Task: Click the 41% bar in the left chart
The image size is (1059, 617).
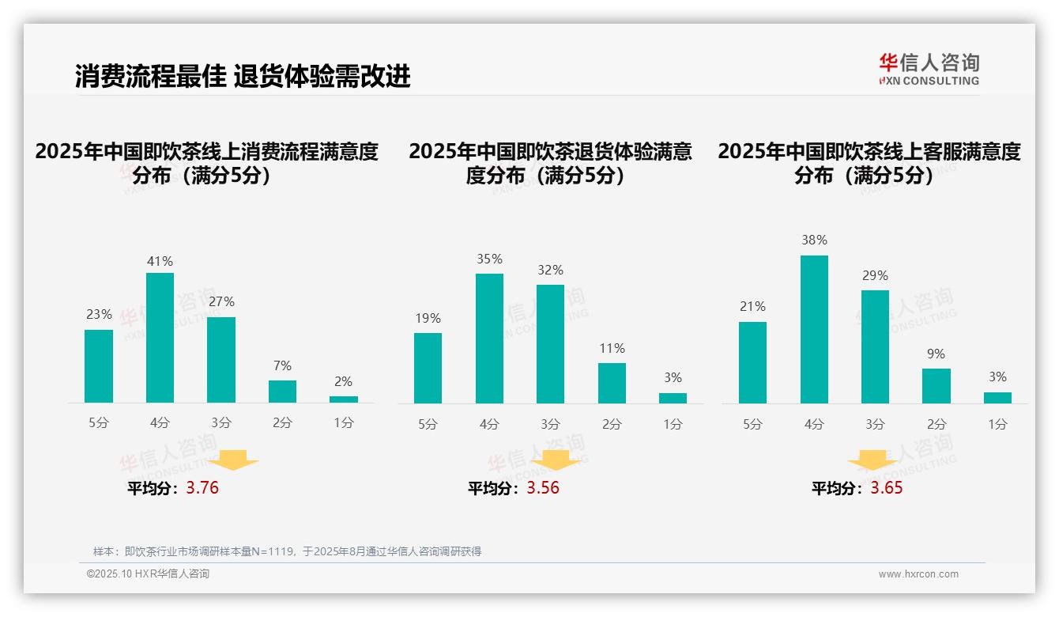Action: click(x=160, y=338)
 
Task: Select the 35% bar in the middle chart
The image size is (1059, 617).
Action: click(x=489, y=339)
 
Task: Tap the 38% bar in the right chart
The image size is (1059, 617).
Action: click(x=814, y=329)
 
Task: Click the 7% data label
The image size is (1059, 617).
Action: click(x=282, y=365)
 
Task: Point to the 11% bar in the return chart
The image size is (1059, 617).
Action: click(x=612, y=383)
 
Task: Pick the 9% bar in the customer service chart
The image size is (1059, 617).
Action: click(x=936, y=386)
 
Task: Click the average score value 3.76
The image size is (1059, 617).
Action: click(x=202, y=488)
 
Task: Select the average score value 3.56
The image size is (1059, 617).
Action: click(x=543, y=488)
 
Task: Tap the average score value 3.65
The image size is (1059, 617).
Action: click(x=887, y=488)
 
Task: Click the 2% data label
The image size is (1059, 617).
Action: click(x=343, y=381)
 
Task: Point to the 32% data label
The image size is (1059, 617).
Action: click(x=550, y=270)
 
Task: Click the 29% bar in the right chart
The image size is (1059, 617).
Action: click(x=875, y=346)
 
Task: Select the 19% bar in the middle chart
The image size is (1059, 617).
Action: click(x=428, y=368)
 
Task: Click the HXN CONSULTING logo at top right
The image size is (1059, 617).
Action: click(x=929, y=70)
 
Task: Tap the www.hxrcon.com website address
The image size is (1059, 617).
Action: click(x=918, y=574)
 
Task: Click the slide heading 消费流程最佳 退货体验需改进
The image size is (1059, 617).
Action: click(x=243, y=77)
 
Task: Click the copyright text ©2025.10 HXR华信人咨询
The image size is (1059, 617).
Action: click(x=148, y=574)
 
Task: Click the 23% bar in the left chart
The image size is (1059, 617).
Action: click(x=99, y=366)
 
